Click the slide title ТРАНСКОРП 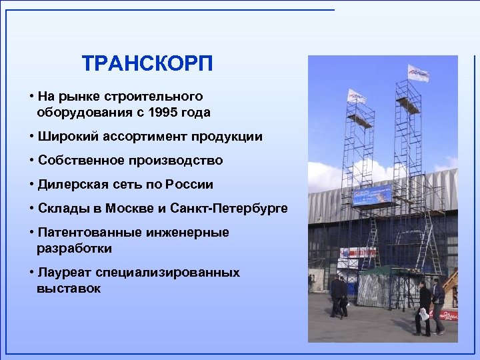click(147, 64)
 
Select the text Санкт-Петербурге click(229, 209)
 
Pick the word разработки click(74, 249)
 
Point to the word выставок click(69, 289)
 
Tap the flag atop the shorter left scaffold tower click(356, 97)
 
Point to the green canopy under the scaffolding click(373, 270)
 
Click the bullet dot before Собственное click(32, 161)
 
